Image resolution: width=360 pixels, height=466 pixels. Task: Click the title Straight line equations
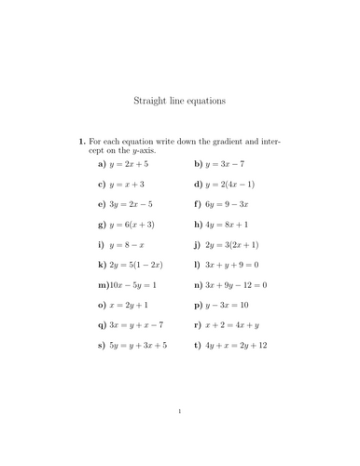point(180,100)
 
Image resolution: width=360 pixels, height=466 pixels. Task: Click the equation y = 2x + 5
point(129,163)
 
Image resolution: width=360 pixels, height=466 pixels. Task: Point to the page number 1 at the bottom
point(180,436)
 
